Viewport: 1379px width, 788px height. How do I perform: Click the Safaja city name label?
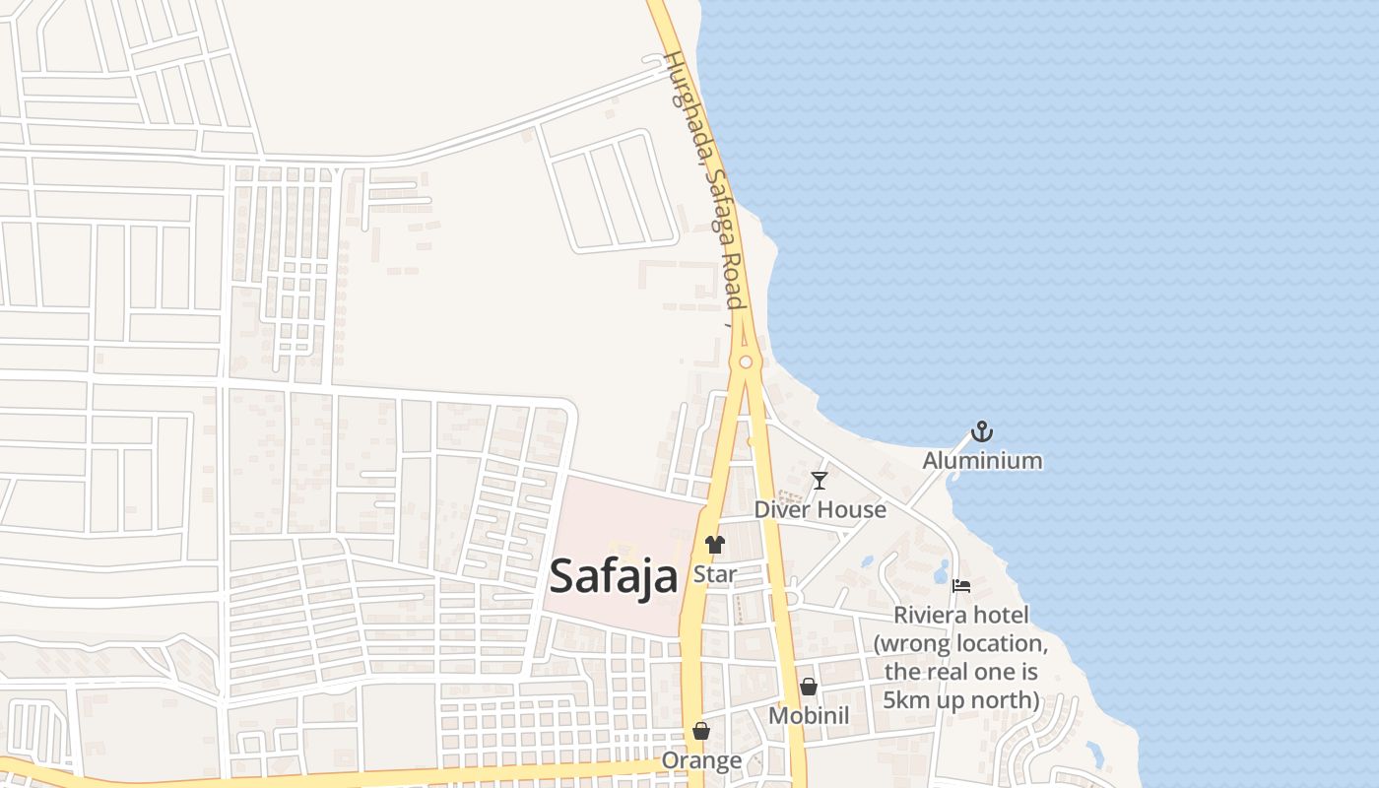coord(613,576)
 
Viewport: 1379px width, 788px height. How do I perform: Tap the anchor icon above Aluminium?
coord(982,431)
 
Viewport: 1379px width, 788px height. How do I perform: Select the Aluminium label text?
coord(982,460)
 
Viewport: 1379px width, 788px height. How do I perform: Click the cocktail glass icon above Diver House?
coord(819,481)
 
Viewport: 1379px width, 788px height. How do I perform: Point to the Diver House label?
coord(820,509)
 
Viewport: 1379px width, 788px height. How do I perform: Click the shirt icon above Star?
coord(715,544)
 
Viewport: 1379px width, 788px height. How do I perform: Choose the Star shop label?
coord(715,573)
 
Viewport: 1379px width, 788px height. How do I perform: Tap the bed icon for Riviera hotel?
coord(962,586)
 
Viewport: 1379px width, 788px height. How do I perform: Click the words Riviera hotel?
coord(960,616)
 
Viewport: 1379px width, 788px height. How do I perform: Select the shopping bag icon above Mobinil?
coord(809,687)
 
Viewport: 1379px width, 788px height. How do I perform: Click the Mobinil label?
coord(809,716)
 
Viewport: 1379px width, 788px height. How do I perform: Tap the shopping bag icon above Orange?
coord(701,731)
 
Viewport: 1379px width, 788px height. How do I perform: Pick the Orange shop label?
coord(701,760)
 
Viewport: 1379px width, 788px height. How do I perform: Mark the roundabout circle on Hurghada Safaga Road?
coord(746,362)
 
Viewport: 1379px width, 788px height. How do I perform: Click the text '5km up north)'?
coord(960,699)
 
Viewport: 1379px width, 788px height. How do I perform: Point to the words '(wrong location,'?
coord(960,643)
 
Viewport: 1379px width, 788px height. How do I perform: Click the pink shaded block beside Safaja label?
coord(630,512)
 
